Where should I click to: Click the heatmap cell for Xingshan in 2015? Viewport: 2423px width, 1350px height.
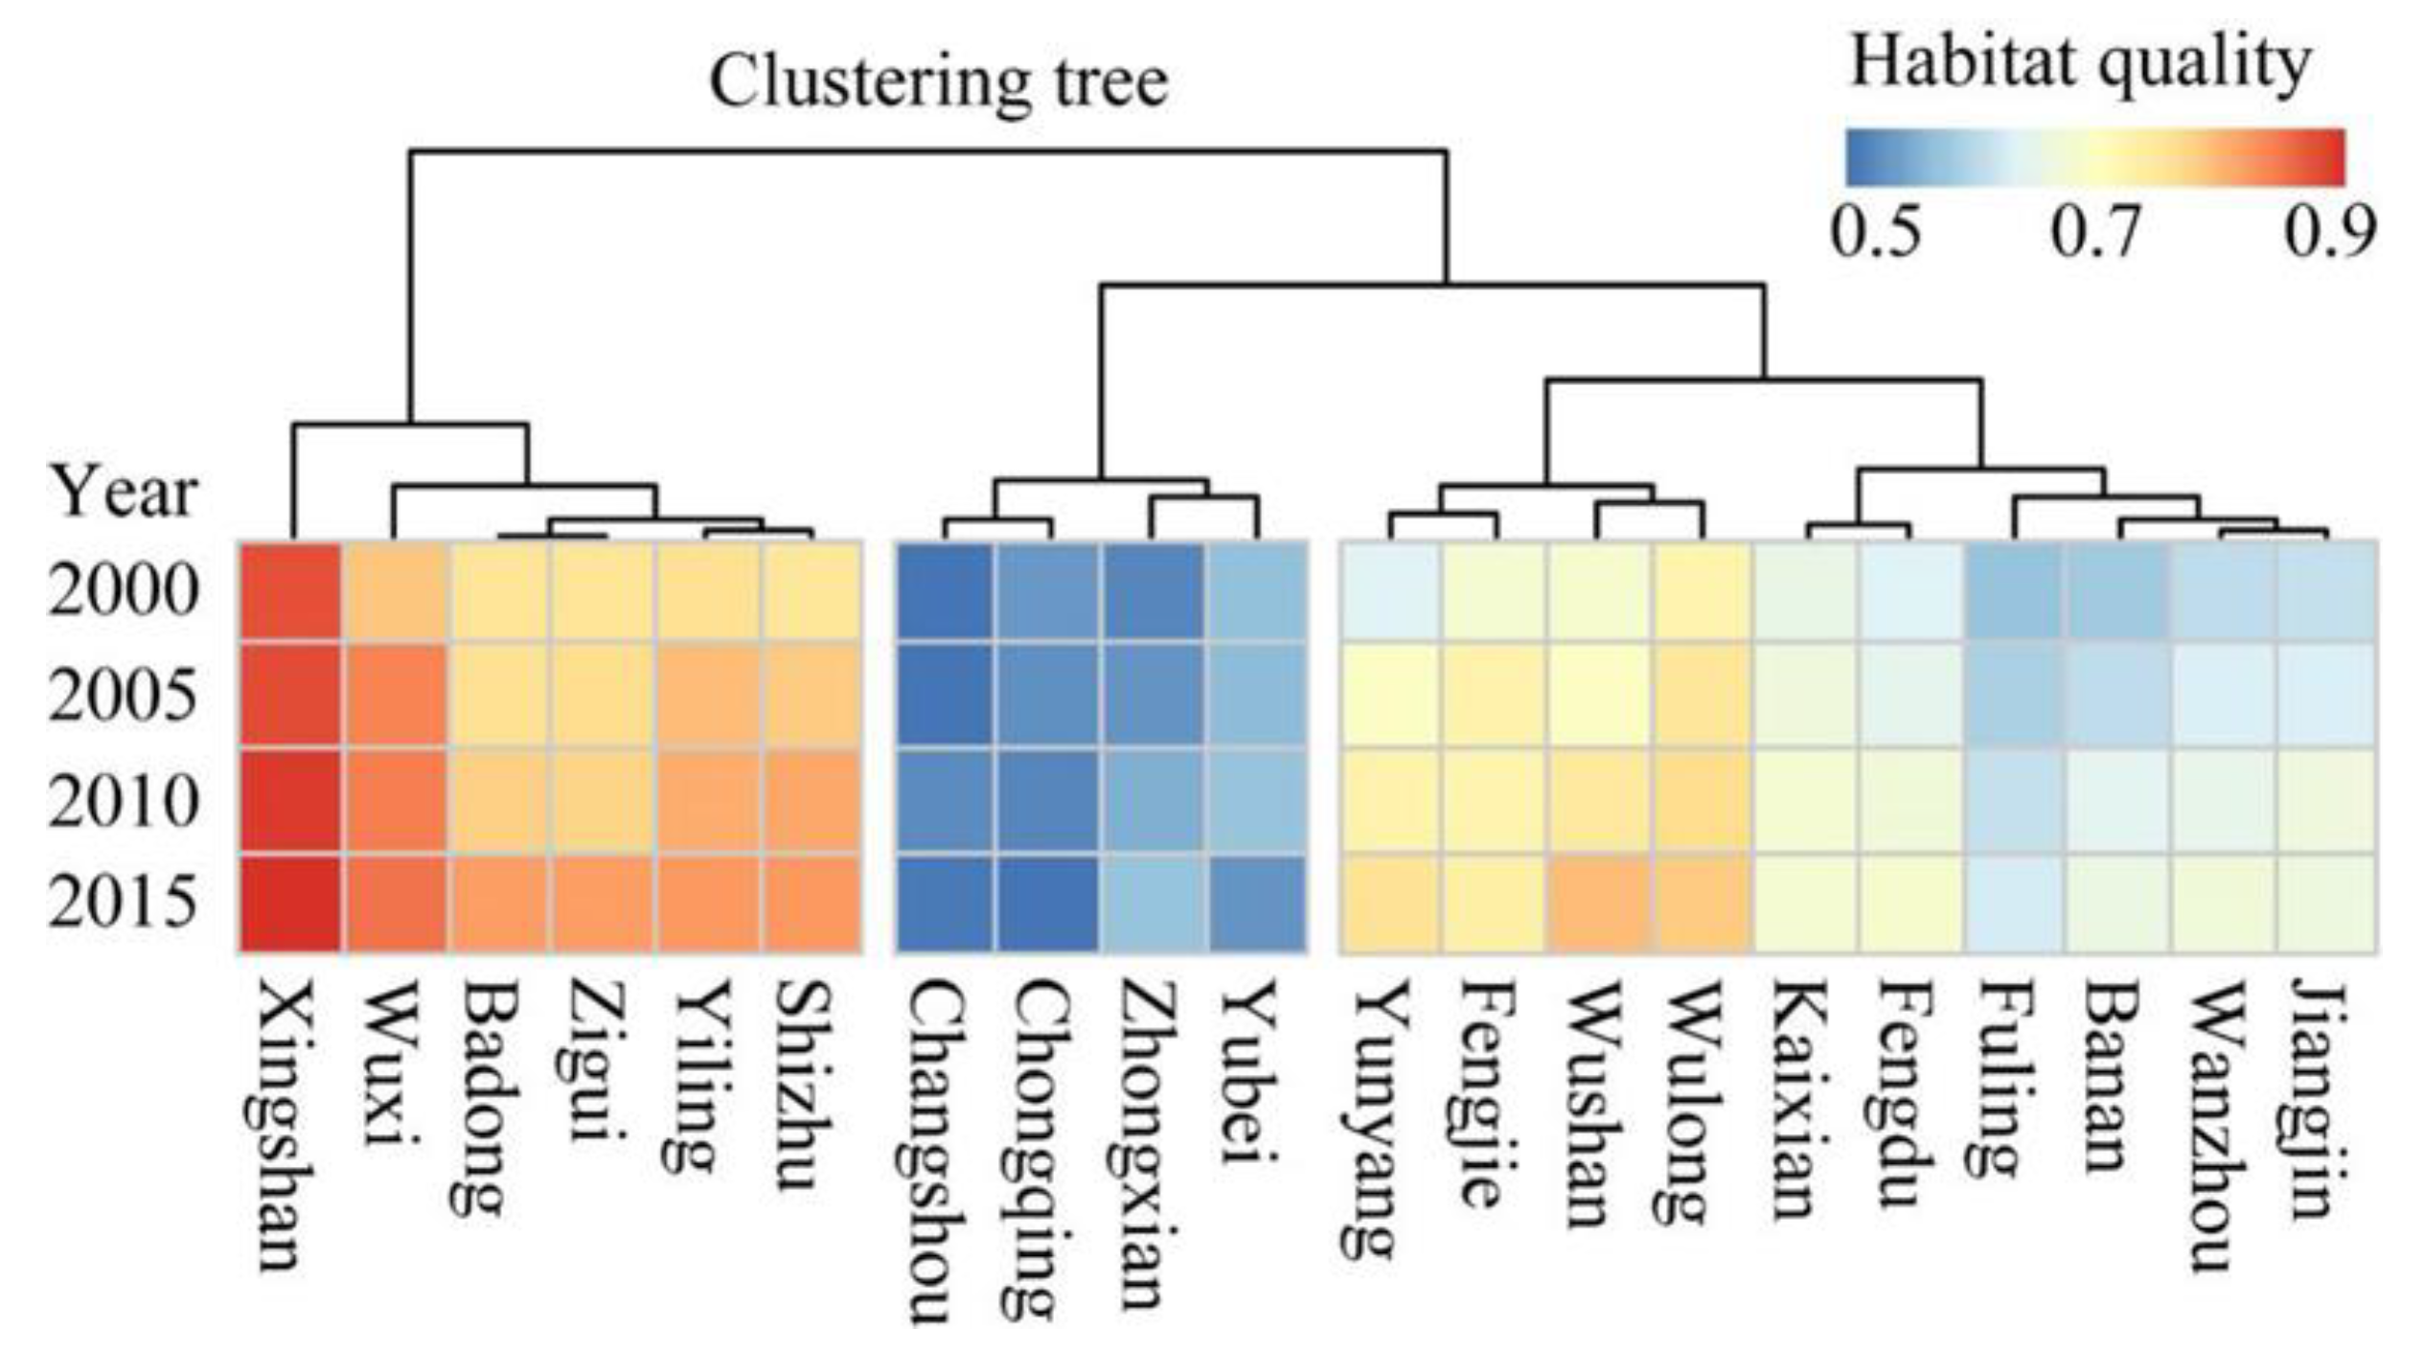(x=290, y=904)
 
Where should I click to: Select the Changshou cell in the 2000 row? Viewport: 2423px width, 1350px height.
(x=946, y=591)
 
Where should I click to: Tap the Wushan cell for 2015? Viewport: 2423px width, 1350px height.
(x=1597, y=904)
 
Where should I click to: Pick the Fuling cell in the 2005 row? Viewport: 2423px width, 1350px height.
(x=2013, y=695)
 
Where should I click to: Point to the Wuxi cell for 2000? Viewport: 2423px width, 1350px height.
(x=394, y=591)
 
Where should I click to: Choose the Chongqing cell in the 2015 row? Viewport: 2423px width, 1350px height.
(x=1048, y=904)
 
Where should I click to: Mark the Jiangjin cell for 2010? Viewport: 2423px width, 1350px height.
(x=2324, y=800)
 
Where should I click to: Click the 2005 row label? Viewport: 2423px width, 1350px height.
(x=124, y=697)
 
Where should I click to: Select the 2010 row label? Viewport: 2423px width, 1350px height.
(x=124, y=802)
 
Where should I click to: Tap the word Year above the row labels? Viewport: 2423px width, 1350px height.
(x=123, y=492)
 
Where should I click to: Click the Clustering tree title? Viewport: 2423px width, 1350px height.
(x=938, y=82)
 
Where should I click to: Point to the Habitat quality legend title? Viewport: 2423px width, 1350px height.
(x=2079, y=63)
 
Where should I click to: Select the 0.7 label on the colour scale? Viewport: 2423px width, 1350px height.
(x=2094, y=234)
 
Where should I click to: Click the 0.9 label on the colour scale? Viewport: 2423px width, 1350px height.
(x=2329, y=234)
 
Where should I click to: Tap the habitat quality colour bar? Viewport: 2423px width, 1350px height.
(x=2094, y=157)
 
